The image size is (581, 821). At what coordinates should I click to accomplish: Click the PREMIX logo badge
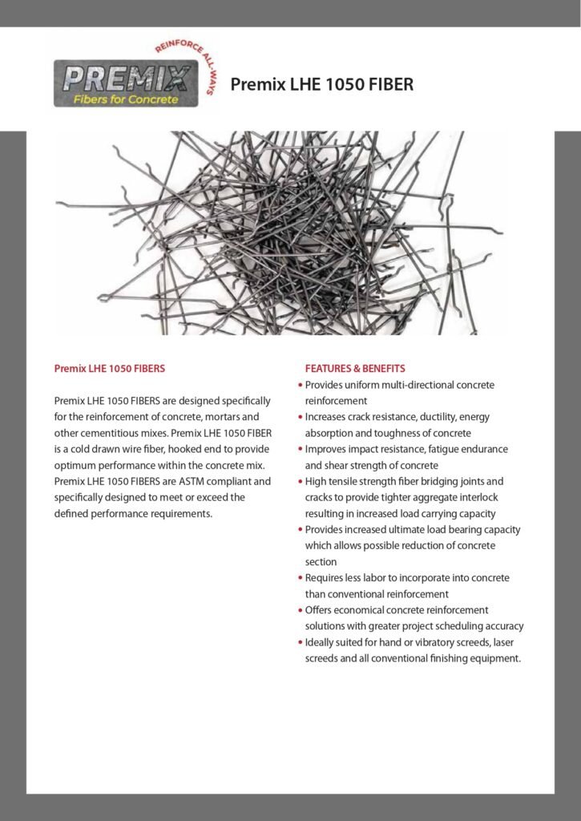[x=127, y=84]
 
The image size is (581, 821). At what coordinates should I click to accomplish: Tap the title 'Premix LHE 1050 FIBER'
[x=321, y=83]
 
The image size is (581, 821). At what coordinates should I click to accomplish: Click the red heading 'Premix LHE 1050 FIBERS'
[x=109, y=369]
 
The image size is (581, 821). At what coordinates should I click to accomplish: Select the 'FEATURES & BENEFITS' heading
[x=355, y=369]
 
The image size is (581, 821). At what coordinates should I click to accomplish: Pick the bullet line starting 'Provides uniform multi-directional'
[x=400, y=385]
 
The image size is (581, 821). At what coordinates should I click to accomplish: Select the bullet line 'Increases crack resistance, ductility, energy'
[x=397, y=417]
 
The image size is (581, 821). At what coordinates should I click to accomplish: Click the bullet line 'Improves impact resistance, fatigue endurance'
[x=406, y=449]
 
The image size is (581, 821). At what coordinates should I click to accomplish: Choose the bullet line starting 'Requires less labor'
[x=407, y=577]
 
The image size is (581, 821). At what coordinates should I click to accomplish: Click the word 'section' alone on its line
[x=321, y=562]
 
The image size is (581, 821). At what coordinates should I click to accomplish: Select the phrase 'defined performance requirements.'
[x=133, y=513]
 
